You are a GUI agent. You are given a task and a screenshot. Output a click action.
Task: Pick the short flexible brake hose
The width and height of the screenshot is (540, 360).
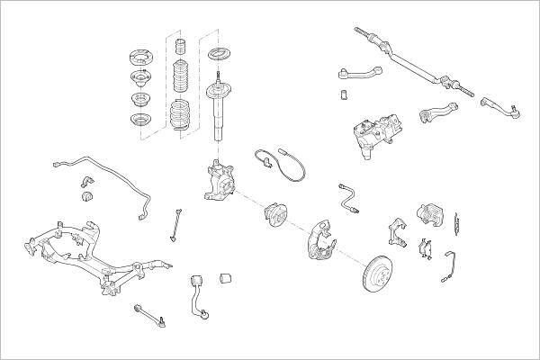pyautogui.click(x=347, y=198)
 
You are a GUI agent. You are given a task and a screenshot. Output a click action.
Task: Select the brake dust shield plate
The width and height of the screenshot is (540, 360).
pyautogui.click(x=319, y=236)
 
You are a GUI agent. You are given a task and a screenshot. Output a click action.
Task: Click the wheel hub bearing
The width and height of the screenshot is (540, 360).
pyautogui.click(x=275, y=216)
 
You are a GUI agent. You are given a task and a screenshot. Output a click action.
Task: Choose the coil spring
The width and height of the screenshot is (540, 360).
pyautogui.click(x=180, y=116)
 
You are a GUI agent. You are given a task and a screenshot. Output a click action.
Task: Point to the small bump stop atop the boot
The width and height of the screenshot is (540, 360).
pyautogui.click(x=178, y=46)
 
